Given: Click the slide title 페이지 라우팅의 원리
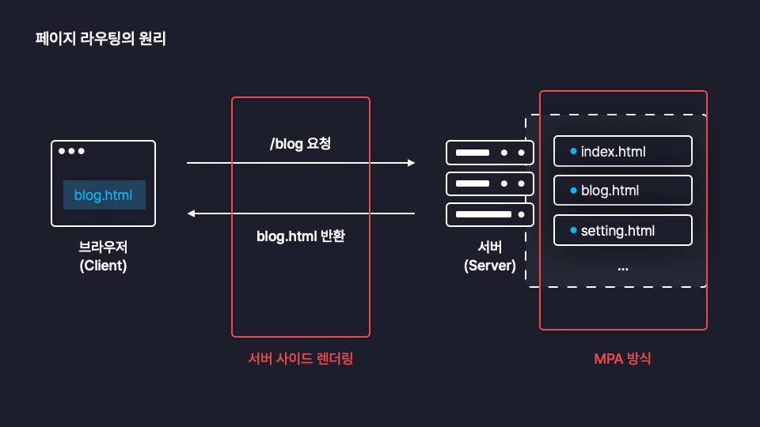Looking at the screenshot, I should tap(101, 38).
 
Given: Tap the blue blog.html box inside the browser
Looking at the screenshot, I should tap(104, 195).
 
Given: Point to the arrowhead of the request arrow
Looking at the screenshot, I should tap(411, 163).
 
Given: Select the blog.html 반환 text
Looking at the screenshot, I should tap(300, 236).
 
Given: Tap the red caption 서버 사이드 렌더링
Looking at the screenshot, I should tap(300, 358).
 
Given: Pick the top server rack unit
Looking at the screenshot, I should tap(489, 152).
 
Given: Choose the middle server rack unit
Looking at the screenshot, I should tap(489, 183).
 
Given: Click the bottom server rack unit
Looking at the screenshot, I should tap(489, 214).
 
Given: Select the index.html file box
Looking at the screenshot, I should tap(622, 151).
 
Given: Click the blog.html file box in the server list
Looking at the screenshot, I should tap(622, 191).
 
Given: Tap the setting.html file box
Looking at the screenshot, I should tap(622, 231).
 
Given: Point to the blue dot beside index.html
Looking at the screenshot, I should tap(572, 150).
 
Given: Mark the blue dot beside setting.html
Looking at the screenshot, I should tap(572, 230).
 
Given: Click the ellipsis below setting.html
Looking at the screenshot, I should tap(622, 268).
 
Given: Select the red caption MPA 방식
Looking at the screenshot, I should tap(622, 358).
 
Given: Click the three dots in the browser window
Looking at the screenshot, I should tap(70, 151).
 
